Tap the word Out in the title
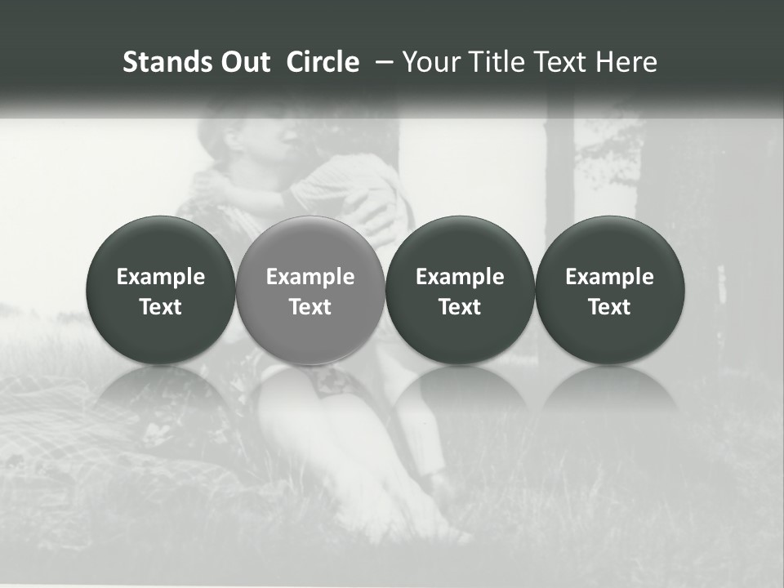click(243, 62)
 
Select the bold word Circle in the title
click(323, 62)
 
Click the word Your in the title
click(429, 62)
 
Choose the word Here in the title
click(626, 62)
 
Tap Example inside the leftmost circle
click(161, 277)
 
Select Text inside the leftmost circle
click(161, 307)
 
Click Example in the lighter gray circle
click(310, 277)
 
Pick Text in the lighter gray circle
click(310, 307)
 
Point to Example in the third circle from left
click(460, 277)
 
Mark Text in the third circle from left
click(460, 307)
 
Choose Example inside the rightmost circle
click(609, 277)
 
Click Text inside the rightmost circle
click(609, 307)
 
